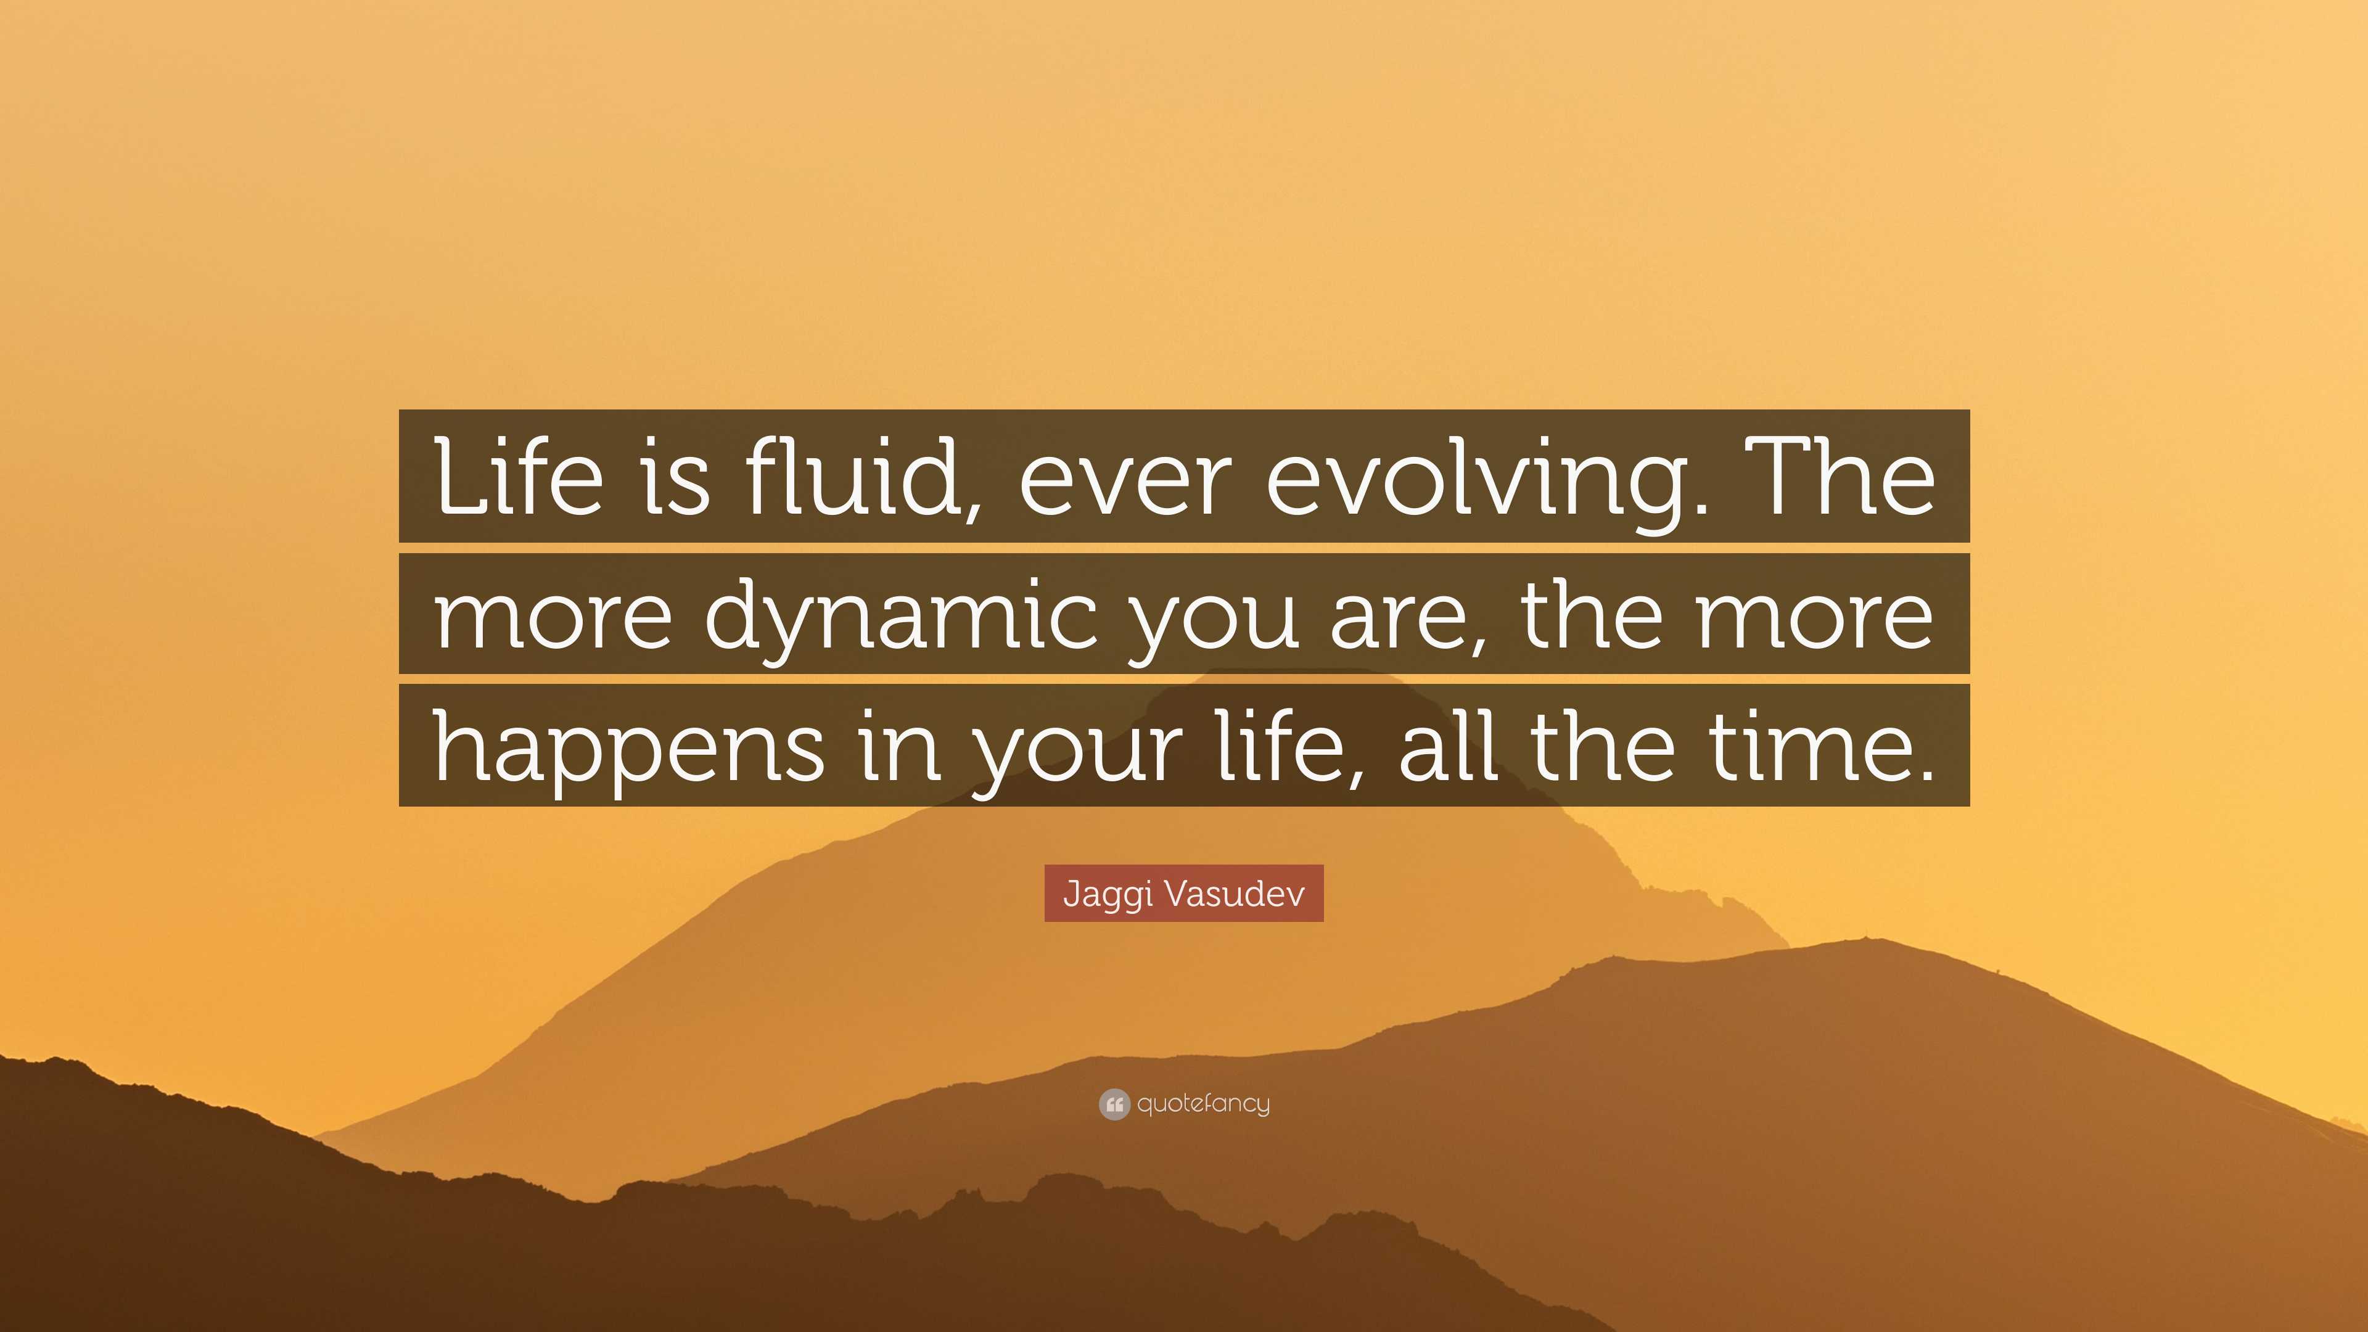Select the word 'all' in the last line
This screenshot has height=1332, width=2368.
pos(1450,746)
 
